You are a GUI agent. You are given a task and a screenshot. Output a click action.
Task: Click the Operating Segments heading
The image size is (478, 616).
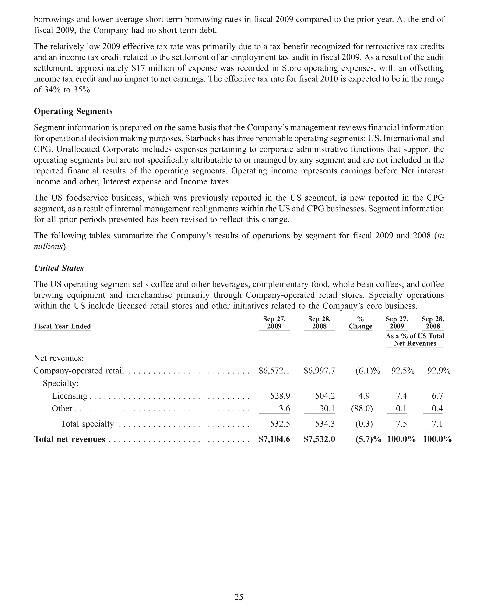tap(73, 111)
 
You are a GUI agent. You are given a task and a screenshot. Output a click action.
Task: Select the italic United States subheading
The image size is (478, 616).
tap(59, 268)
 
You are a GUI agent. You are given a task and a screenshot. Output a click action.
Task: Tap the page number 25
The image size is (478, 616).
tap(239, 597)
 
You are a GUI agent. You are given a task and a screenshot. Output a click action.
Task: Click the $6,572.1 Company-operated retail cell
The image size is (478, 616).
tap(274, 370)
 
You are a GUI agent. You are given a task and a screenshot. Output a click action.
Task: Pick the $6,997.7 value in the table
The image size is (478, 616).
tap(319, 370)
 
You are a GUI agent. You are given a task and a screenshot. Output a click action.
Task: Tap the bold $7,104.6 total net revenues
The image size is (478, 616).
tap(274, 439)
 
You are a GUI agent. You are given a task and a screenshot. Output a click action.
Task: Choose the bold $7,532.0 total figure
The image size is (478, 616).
tap(319, 439)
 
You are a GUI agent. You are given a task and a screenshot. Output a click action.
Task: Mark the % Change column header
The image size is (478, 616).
tap(360, 323)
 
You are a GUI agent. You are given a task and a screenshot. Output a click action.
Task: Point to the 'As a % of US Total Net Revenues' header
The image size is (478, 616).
tap(415, 340)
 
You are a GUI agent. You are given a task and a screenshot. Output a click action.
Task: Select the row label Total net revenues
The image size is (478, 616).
tap(69, 439)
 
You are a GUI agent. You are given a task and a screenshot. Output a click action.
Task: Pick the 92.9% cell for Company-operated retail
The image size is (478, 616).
tap(439, 370)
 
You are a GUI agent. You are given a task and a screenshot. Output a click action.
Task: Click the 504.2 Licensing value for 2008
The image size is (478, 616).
tap(325, 396)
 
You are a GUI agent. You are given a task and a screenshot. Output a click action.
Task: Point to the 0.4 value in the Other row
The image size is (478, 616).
tap(437, 408)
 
